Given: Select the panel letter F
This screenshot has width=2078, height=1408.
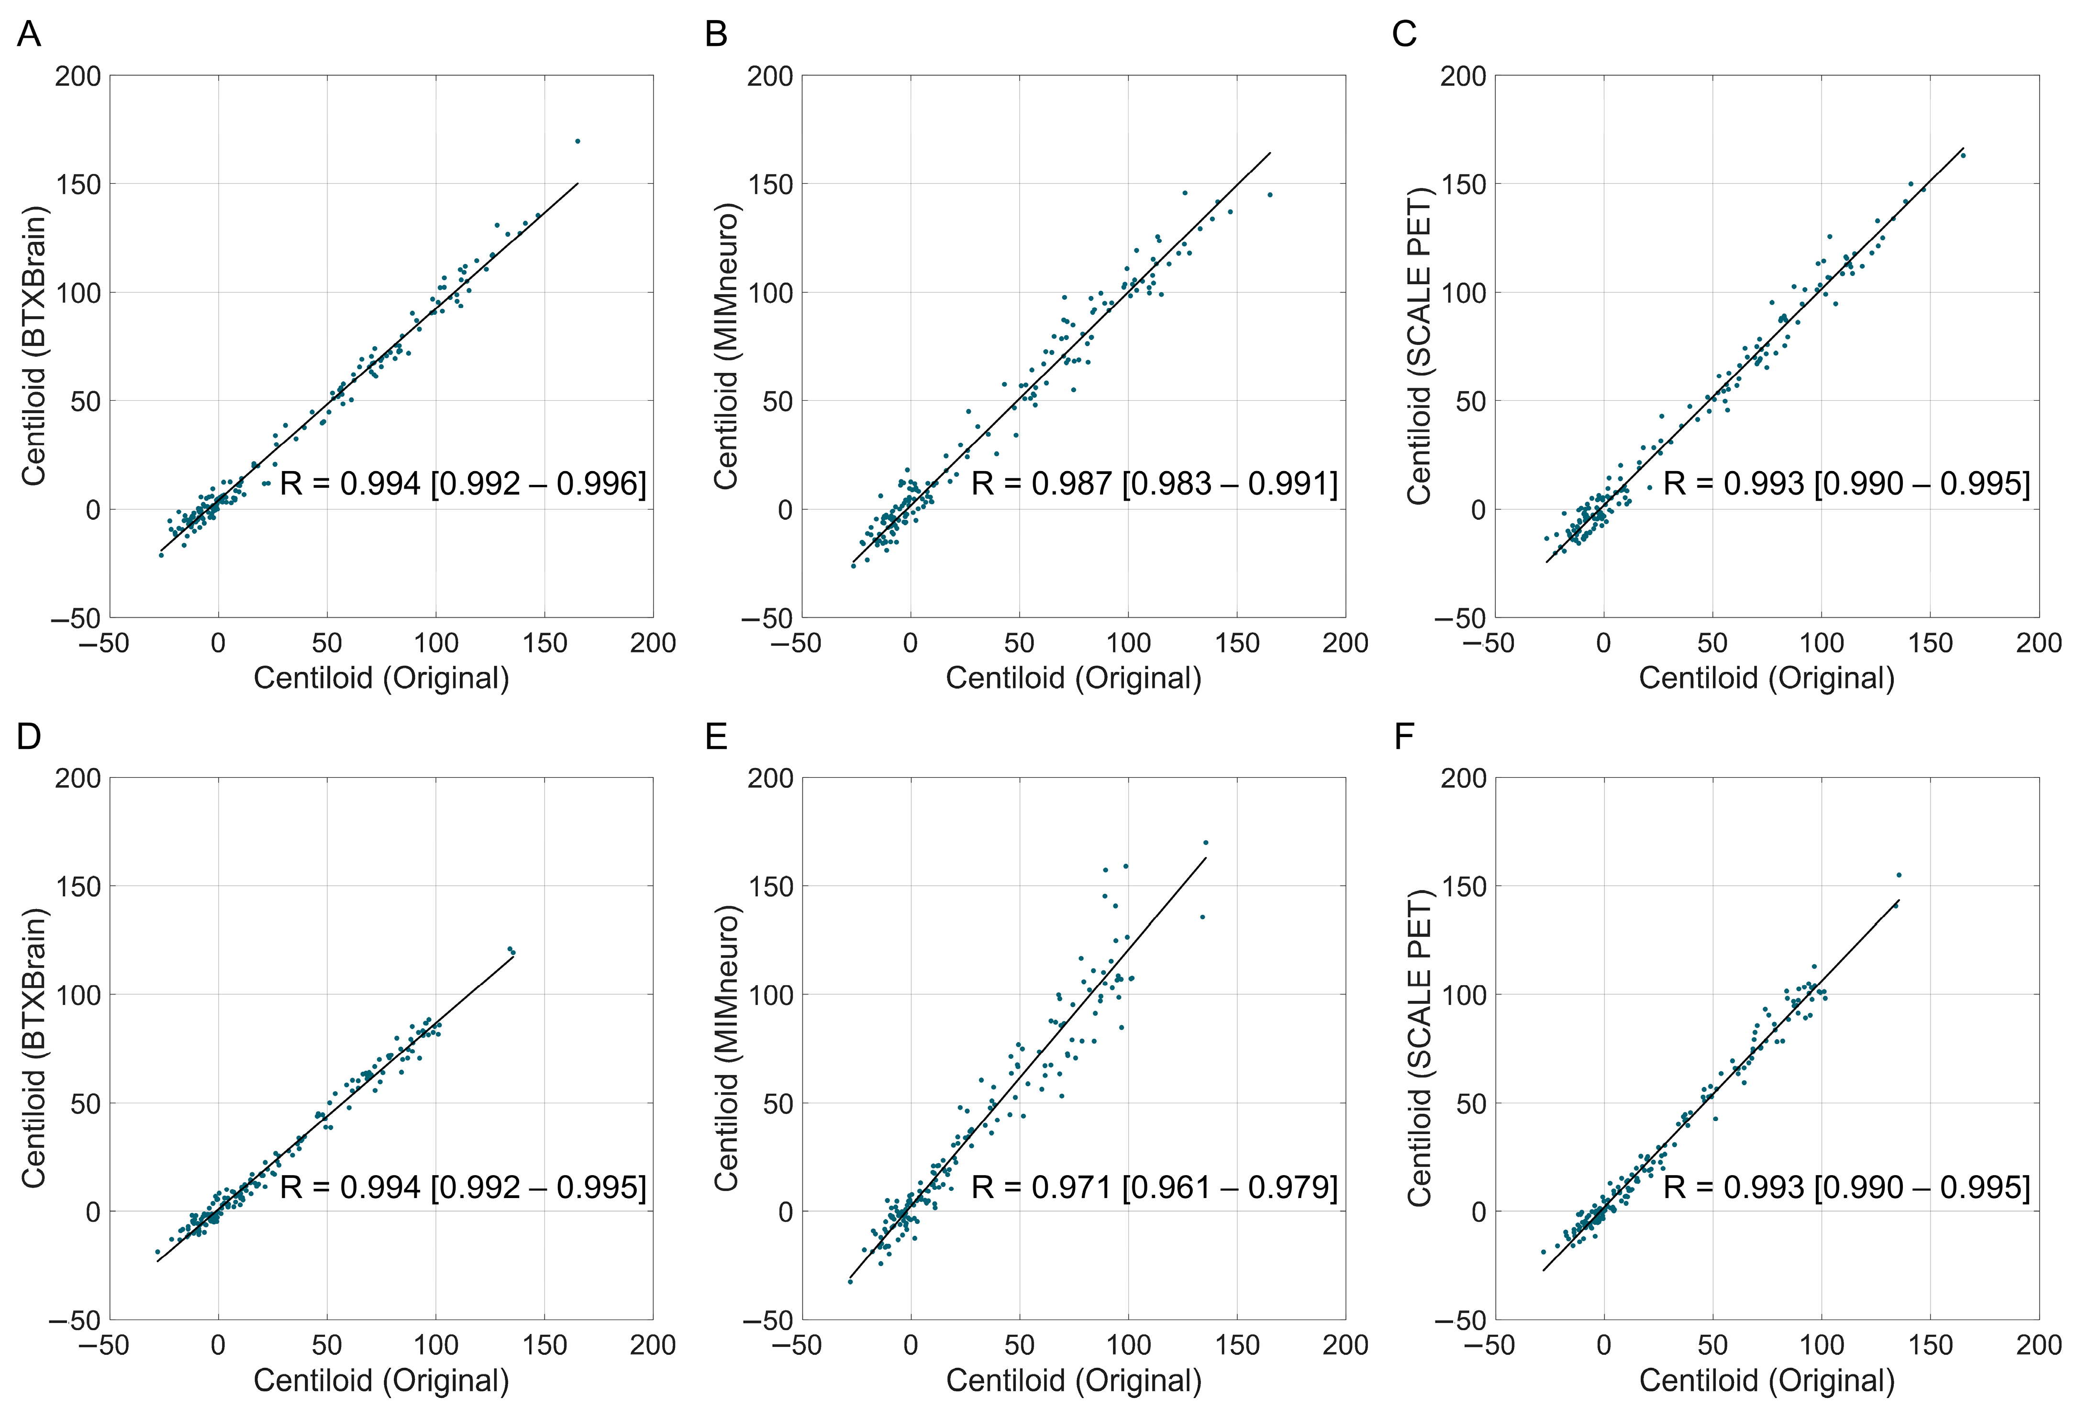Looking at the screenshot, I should coord(1404,737).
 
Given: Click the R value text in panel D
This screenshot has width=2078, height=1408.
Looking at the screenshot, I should coord(462,1187).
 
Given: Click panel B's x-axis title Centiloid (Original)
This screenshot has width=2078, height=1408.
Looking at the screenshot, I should coord(1073,678).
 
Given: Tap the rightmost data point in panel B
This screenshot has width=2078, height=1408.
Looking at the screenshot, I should coord(1270,195).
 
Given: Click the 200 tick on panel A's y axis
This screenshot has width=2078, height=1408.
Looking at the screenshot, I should coord(78,76).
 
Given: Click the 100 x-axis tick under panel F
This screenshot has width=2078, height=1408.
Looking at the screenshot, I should coord(1822,1345).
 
